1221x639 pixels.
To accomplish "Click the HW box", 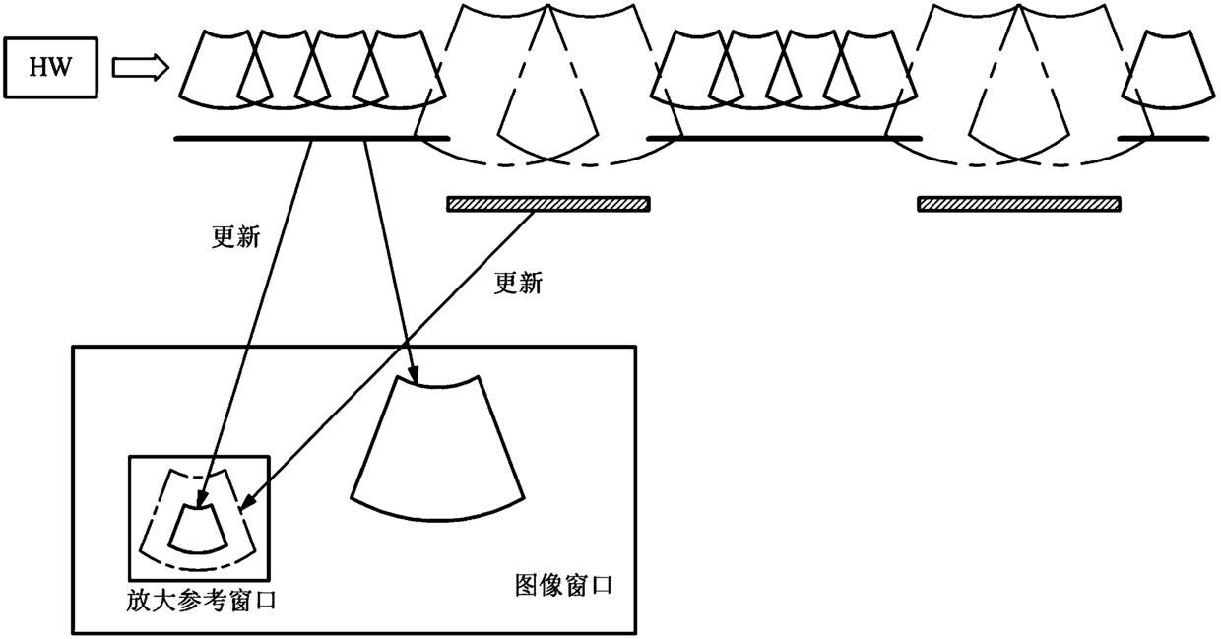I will (51, 67).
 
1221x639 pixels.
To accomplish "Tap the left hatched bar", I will (547, 204).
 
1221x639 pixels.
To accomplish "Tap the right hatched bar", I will (1018, 204).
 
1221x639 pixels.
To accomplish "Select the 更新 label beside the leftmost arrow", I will (235, 237).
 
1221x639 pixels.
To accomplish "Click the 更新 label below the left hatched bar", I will (517, 284).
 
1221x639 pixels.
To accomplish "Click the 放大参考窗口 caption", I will (201, 600).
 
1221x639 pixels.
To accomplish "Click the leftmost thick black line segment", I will (311, 139).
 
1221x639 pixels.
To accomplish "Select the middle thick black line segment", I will (783, 139).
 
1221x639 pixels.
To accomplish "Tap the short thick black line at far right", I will (1163, 139).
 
